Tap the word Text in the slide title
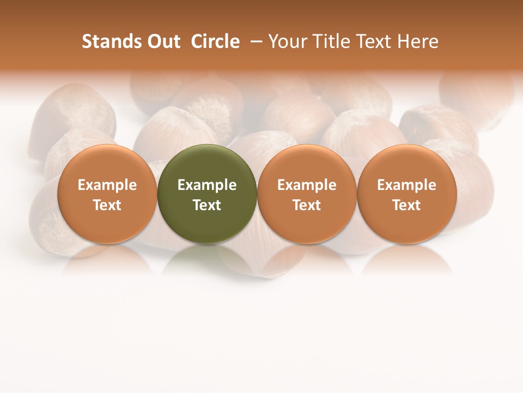click(372, 41)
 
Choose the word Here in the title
click(417, 41)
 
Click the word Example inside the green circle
click(207, 185)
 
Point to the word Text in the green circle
click(207, 205)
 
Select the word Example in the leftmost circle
click(107, 185)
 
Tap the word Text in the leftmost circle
click(107, 205)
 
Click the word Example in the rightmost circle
click(406, 185)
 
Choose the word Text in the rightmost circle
click(406, 205)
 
